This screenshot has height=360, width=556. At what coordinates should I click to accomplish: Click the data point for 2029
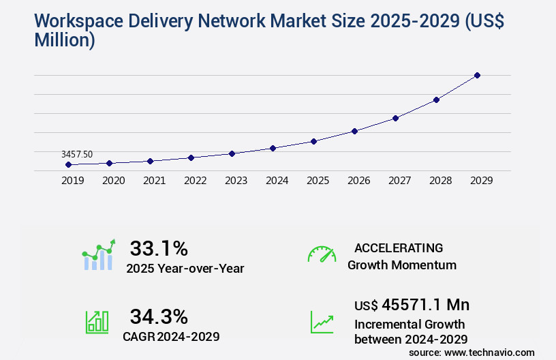[x=477, y=75]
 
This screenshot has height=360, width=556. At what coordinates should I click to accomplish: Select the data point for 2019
[x=68, y=164]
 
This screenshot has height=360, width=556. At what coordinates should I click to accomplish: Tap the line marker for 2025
[x=313, y=141]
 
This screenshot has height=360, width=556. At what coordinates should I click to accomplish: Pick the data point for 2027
[x=395, y=118]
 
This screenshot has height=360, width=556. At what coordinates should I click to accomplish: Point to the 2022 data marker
[x=191, y=157]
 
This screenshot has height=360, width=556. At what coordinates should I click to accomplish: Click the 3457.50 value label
[x=77, y=155]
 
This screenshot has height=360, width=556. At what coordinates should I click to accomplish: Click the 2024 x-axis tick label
[x=277, y=181]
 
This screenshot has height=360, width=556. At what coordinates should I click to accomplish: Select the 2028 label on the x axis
[x=440, y=181]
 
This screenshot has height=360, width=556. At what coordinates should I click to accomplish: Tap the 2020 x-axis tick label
[x=113, y=181]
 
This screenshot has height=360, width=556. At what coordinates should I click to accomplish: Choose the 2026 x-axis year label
[x=358, y=181]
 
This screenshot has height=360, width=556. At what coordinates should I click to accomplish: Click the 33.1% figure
[x=159, y=248]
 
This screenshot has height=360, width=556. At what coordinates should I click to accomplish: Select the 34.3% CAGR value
[x=159, y=316]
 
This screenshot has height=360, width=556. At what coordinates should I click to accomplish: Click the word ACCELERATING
[x=399, y=248]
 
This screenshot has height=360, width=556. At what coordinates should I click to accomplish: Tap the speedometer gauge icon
[x=322, y=254]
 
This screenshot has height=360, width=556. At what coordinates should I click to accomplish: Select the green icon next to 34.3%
[x=97, y=322]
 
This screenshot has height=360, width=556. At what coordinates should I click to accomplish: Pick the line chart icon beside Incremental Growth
[x=322, y=322]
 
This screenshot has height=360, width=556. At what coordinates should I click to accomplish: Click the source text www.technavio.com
[x=489, y=352]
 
